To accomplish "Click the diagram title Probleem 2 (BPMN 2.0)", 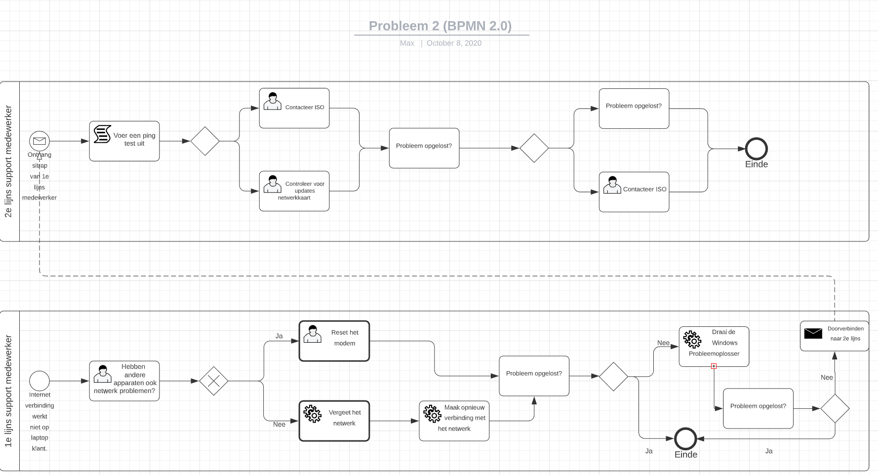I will point(440,26).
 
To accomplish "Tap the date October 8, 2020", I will point(454,43).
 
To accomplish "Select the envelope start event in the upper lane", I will point(40,141).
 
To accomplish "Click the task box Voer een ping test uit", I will point(124,141).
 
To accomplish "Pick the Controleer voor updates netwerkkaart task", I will point(294,191).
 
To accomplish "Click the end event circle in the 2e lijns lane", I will point(756,149).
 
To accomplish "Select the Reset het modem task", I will point(334,341).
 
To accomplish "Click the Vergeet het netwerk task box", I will point(334,421).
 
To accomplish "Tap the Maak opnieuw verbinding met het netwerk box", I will point(454,421).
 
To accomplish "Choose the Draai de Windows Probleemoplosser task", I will point(714,347).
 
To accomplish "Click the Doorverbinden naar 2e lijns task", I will point(835,336).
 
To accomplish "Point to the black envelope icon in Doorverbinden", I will point(813,333).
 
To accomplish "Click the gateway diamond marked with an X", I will point(214,381).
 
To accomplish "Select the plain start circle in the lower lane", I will point(40,381).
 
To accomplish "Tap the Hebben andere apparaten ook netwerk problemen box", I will point(124,381).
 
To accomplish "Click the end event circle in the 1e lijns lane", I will point(685,438).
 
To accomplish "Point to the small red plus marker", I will point(714,366).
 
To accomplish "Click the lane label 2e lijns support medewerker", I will point(8,161).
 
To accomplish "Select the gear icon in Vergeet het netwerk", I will point(313,414).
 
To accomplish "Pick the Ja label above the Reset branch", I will point(279,336).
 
